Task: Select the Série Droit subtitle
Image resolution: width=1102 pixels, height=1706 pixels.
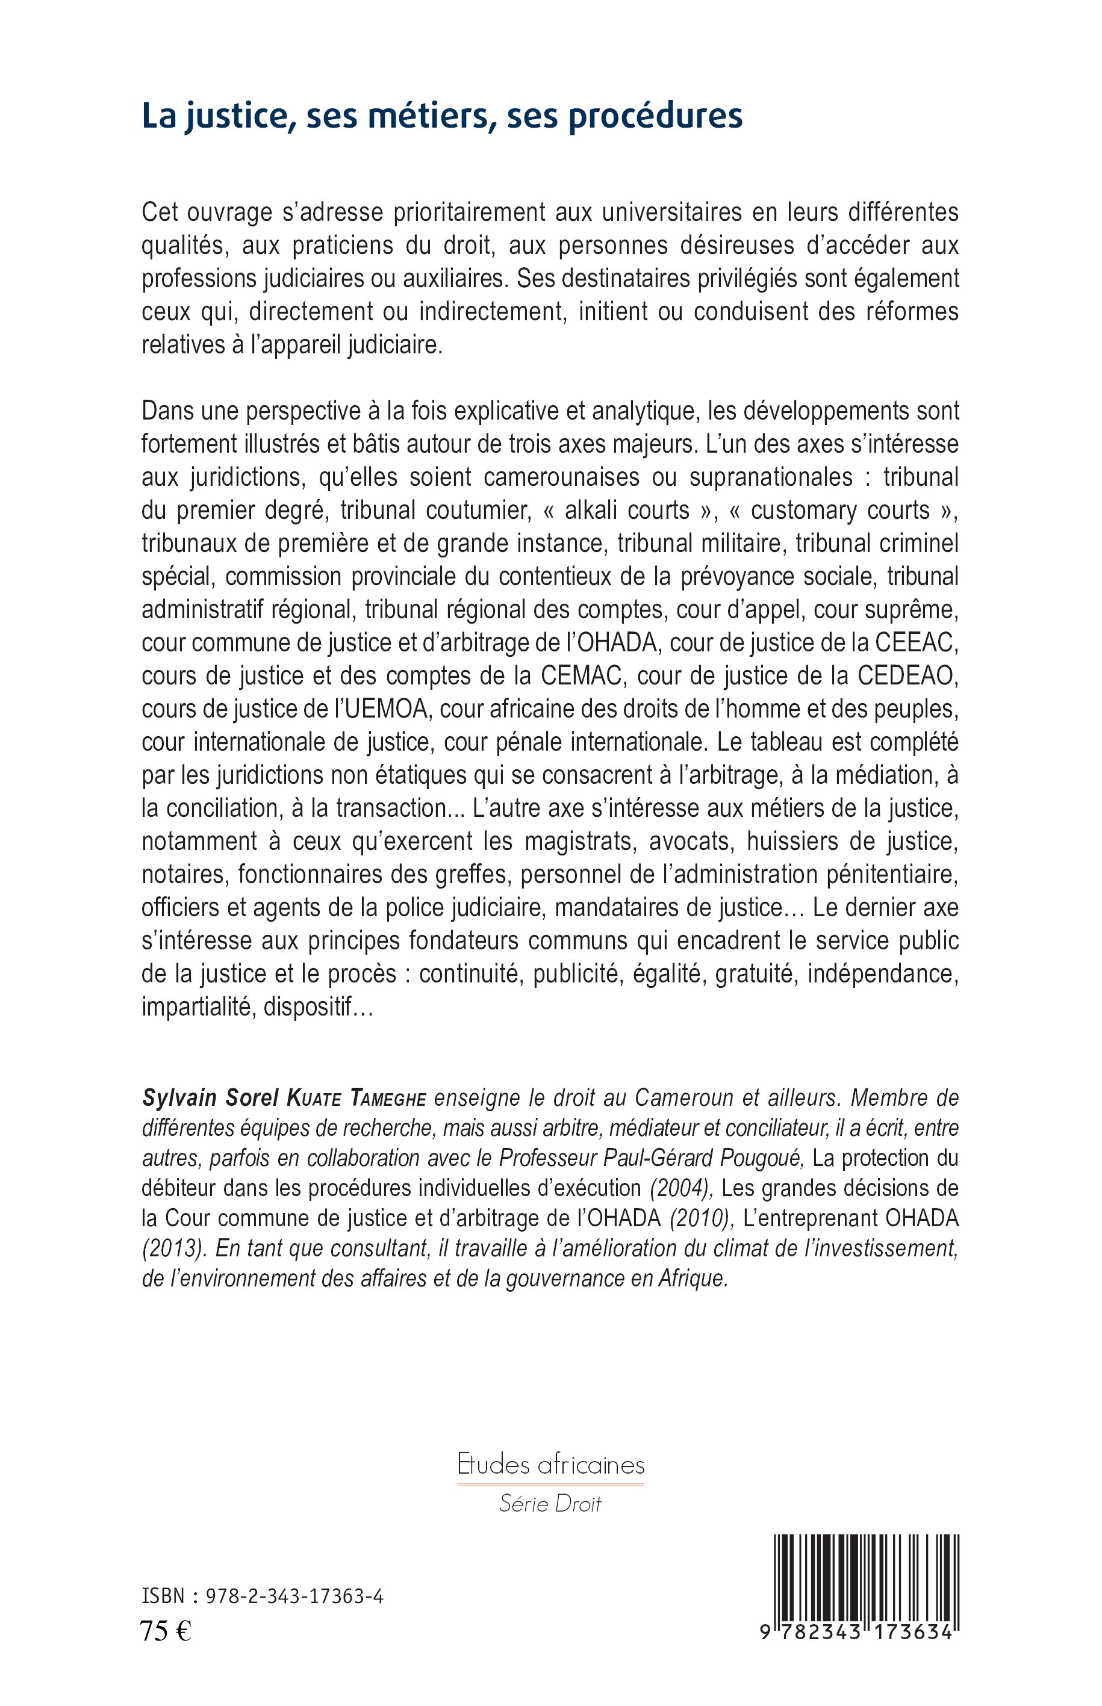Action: [x=550, y=1504]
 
